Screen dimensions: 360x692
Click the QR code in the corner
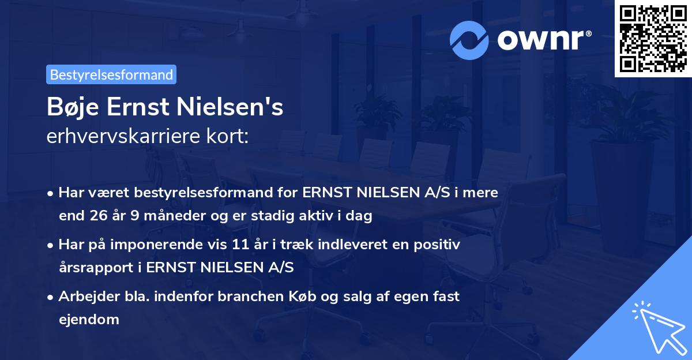coord(653,39)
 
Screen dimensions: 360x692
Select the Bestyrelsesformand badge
coord(111,74)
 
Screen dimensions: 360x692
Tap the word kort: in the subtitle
coord(228,137)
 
